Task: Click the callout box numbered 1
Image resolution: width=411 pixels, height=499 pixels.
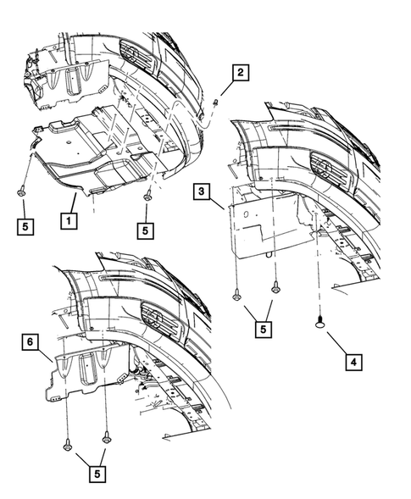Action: [64, 219]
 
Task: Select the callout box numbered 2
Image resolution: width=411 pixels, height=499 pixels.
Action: [241, 73]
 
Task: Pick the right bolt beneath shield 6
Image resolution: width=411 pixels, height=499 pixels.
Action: [106, 438]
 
